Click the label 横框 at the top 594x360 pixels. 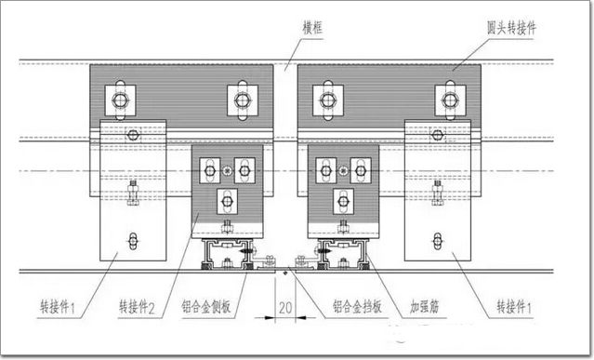coord(312,28)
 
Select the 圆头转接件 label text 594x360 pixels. coord(511,28)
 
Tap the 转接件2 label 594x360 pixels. coord(137,307)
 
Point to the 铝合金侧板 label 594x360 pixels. coord(206,306)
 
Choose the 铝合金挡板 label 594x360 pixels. coord(357,306)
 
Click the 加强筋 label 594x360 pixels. coord(424,306)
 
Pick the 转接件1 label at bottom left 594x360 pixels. coord(58,307)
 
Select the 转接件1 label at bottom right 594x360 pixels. coord(514,307)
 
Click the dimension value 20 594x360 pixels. coord(285,308)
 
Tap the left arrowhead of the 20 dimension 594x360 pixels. coord(270,317)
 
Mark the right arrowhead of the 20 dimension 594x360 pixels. coord(301,317)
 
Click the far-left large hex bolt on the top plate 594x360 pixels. coord(120,100)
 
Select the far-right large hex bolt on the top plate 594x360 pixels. coord(450,100)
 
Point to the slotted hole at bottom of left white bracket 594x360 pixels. coord(133,241)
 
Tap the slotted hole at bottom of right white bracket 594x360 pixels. coord(438,241)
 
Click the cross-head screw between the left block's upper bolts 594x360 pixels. coord(227,171)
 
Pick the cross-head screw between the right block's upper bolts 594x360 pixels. coord(343,171)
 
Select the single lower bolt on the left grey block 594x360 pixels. coord(227,201)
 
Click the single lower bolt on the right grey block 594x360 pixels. coord(343,201)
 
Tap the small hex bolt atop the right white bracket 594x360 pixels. coord(438,135)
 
